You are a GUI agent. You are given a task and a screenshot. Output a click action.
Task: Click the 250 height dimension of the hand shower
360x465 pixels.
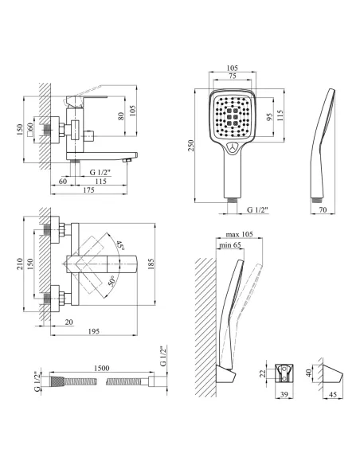pos(191,146)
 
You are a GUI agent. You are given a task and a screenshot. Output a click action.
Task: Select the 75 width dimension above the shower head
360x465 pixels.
pos(233,76)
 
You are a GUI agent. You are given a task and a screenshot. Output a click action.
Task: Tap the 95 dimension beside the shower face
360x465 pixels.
pos(269,117)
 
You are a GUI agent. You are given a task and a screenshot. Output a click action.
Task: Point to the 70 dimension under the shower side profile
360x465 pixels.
pos(323,209)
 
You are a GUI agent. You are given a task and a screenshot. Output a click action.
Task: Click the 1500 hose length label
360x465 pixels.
pos(101,368)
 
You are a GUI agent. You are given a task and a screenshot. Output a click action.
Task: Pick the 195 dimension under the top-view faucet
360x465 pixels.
pos(94,331)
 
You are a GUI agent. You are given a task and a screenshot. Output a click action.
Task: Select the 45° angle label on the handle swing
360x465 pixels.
pos(119,245)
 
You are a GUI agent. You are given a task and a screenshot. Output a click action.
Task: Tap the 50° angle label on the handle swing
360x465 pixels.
pos(112,281)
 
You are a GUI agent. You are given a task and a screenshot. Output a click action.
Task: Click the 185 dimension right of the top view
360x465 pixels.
pos(151,264)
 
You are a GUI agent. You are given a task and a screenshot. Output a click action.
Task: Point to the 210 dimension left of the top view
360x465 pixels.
pos(20,264)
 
